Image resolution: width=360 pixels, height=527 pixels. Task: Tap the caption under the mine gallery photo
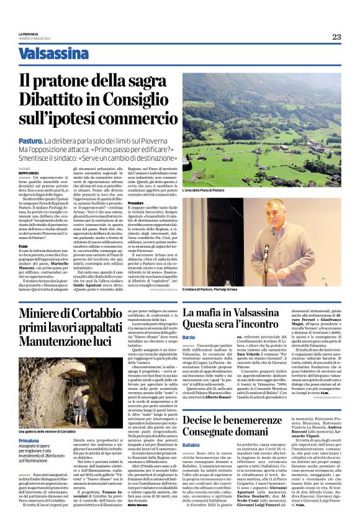47,413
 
